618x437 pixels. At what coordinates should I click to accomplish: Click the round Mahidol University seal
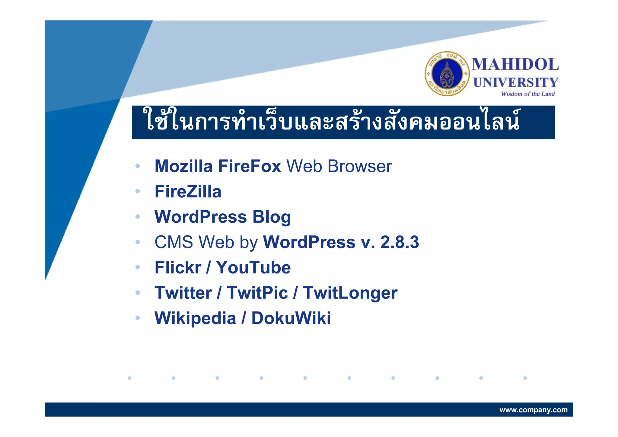pos(447,74)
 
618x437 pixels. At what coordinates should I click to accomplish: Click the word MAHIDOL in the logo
pos(515,64)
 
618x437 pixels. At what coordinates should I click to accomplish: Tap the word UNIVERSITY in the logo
pos(515,82)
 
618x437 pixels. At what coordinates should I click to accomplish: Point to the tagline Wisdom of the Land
pos(527,94)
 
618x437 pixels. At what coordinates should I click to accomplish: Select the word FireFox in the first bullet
pos(249,166)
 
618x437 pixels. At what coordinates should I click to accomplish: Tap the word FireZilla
pos(188,192)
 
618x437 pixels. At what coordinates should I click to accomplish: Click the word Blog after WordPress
pos(272,217)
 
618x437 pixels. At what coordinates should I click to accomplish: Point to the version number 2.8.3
pos(400,242)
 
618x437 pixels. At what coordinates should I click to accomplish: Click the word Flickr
pos(178,268)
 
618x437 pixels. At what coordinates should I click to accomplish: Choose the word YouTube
pos(253,268)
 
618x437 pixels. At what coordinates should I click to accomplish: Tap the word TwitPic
pos(257,293)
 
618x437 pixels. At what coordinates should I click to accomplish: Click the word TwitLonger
pos(350,293)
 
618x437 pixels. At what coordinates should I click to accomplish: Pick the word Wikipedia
pos(195,318)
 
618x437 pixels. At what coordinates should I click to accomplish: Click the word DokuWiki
pos(291,318)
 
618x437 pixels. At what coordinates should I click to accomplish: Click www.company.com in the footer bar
pos(533,410)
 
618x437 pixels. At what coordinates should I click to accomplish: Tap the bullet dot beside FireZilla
pos(138,191)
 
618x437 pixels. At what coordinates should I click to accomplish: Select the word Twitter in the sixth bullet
pos(183,293)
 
